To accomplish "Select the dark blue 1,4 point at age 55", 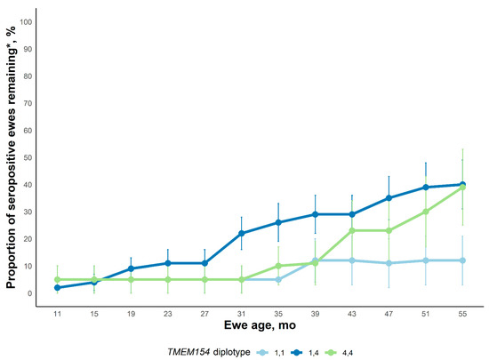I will click(x=461, y=185).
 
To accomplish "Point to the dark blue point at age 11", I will click(x=58, y=288).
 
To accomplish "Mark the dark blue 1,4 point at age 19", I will click(x=132, y=268).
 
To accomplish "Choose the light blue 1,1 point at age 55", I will click(x=461, y=260).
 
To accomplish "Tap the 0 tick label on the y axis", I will click(x=31, y=293).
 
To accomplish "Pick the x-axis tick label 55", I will click(x=461, y=314).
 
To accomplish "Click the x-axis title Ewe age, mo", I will click(x=260, y=327).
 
